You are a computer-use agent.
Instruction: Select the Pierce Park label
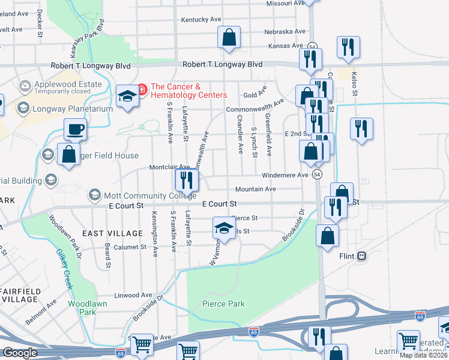point(223,304)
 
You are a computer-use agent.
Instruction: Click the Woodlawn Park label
point(82,308)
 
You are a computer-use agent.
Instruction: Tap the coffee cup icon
point(76,128)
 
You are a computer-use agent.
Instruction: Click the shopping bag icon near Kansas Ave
point(229,37)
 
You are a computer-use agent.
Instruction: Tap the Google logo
point(19,353)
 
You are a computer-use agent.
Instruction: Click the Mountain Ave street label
point(255,189)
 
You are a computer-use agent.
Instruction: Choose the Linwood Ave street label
point(133,295)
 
